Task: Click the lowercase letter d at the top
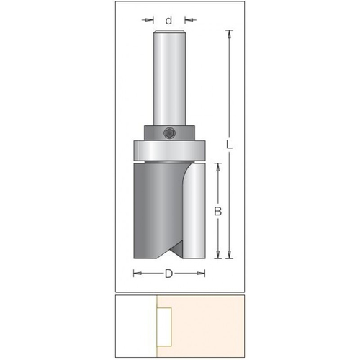click(169, 21)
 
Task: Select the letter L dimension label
click(230, 145)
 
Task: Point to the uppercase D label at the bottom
click(169, 273)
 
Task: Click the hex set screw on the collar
click(169, 132)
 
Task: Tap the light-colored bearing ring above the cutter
click(169, 151)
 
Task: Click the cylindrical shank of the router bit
click(169, 79)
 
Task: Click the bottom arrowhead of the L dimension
click(230, 256)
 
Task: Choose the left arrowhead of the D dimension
click(137, 273)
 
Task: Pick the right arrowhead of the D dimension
click(202, 273)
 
